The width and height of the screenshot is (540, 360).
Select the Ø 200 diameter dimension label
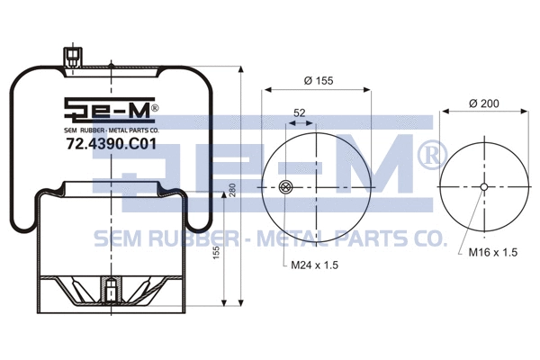pos(484,104)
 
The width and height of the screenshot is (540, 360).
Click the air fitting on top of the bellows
pos(71,57)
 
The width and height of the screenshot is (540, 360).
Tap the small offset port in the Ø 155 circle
pos(286,187)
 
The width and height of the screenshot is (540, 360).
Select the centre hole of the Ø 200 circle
pos(484,187)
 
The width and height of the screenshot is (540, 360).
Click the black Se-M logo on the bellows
pos(111,111)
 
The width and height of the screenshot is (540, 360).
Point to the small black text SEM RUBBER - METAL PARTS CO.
pos(112,130)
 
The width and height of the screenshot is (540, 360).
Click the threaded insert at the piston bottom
pos(110,292)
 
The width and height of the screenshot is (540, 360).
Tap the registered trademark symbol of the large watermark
pos(429,156)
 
